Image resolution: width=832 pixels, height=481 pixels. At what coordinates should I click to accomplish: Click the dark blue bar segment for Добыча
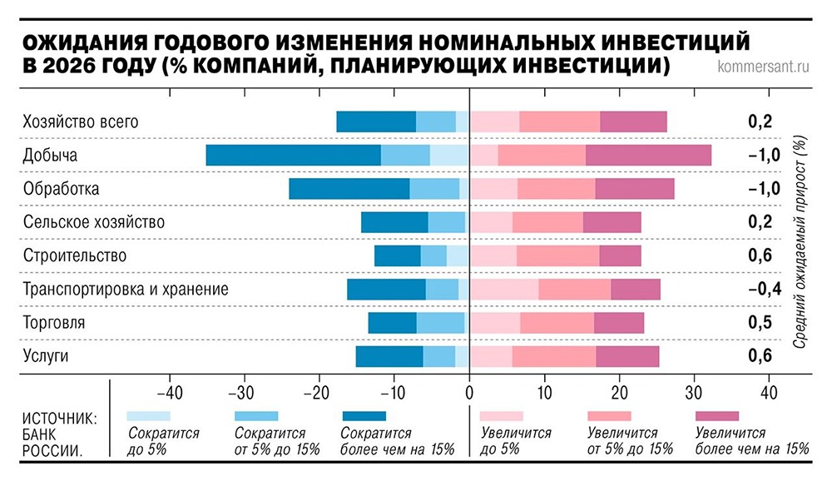click(293, 156)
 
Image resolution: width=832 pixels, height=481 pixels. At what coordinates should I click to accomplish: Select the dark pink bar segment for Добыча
click(648, 156)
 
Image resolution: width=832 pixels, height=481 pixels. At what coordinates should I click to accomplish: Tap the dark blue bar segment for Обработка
click(349, 189)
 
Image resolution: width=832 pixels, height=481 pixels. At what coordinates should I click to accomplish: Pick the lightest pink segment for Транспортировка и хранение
click(504, 289)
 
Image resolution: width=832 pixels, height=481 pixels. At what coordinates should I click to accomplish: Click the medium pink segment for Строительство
click(557, 255)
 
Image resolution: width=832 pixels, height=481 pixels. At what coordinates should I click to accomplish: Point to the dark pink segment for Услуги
click(627, 356)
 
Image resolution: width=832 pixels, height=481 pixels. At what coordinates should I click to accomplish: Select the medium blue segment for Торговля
click(440, 322)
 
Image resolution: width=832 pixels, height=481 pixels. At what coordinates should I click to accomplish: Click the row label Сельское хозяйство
click(94, 222)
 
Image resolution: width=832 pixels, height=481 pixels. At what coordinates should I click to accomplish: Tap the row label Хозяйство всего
click(81, 122)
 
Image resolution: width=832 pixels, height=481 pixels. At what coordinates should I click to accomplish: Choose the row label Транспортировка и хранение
click(126, 289)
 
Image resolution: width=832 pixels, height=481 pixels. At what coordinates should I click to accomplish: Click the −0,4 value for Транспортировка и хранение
click(762, 289)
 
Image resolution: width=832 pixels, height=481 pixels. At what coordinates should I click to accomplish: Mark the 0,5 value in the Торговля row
click(760, 322)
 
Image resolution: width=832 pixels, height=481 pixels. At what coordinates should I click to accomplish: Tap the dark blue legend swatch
click(364, 415)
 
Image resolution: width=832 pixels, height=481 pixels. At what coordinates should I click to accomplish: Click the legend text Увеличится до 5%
click(513, 441)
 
